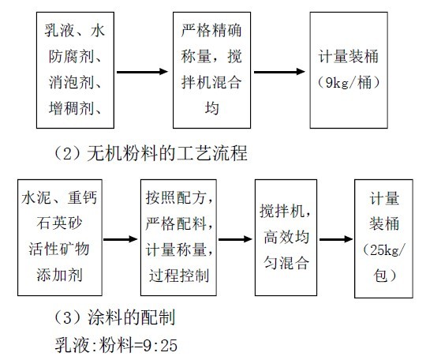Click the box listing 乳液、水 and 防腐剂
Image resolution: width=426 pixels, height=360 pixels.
click(76, 70)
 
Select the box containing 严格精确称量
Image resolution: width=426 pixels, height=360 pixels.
click(210, 70)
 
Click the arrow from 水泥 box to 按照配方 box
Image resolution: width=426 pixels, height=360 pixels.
click(121, 239)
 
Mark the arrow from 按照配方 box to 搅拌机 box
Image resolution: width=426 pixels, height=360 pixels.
click(231, 239)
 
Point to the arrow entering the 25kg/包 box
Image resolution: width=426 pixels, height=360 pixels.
click(335, 239)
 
